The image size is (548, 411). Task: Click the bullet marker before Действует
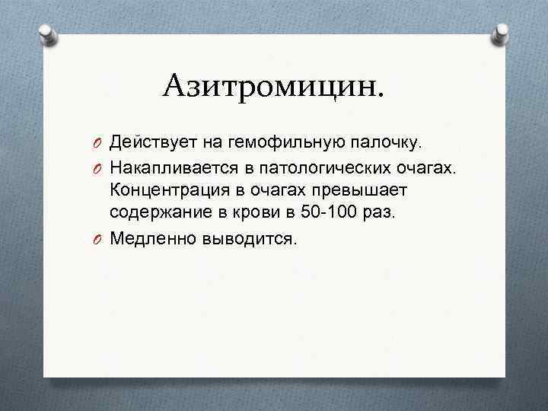(x=99, y=142)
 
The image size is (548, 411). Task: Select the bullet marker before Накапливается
(x=99, y=167)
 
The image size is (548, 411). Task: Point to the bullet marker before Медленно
(x=99, y=239)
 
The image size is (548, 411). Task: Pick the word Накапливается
(x=177, y=167)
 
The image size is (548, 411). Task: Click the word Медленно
(x=153, y=239)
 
